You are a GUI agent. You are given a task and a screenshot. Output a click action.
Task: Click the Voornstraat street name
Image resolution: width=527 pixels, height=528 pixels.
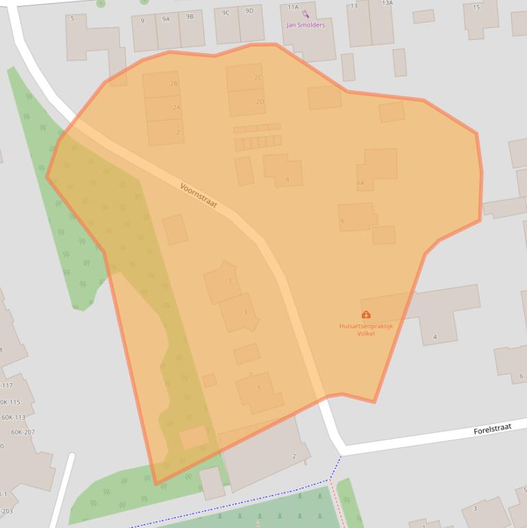click(x=203, y=196)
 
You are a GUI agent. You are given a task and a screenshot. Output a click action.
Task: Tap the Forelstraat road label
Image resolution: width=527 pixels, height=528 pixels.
click(x=492, y=429)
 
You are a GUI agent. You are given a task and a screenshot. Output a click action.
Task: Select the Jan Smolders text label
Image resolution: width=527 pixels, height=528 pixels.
click(x=305, y=25)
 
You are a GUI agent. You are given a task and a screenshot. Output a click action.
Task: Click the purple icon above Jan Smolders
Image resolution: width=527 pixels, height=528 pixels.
click(x=305, y=14)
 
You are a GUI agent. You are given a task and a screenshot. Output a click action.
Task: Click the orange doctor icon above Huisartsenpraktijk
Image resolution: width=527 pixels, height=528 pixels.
click(x=366, y=315)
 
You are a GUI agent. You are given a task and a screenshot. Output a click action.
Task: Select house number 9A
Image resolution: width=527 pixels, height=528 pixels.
click(x=166, y=19)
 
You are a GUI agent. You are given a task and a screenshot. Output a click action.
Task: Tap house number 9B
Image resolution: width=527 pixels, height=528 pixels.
click(x=190, y=16)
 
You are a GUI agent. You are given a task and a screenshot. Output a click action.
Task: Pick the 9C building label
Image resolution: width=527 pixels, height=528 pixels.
click(x=225, y=12)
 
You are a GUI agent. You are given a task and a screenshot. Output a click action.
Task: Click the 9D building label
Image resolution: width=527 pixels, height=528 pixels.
click(x=249, y=10)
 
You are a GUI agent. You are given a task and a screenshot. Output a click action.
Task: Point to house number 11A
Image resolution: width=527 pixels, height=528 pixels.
click(x=293, y=6)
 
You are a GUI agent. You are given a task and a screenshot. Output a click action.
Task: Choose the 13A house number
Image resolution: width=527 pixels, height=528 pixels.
click(x=387, y=3)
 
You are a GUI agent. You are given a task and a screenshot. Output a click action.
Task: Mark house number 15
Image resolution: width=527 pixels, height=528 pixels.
click(x=476, y=7)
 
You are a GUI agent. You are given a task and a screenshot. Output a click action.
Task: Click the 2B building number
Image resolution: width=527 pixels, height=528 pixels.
click(x=174, y=84)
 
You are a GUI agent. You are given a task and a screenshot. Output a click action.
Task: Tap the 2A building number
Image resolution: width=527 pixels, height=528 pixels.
click(x=177, y=108)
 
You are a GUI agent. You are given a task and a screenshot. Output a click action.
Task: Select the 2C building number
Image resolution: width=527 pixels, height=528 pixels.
click(x=258, y=77)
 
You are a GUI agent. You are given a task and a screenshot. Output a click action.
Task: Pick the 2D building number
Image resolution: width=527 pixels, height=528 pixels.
click(x=260, y=101)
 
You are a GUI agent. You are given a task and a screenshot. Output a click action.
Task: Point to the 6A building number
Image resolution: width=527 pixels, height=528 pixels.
click(x=360, y=183)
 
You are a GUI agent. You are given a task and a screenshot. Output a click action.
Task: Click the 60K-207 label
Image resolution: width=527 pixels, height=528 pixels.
click(x=23, y=432)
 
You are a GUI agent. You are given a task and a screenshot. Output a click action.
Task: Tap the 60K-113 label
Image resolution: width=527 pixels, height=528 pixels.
click(x=13, y=417)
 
